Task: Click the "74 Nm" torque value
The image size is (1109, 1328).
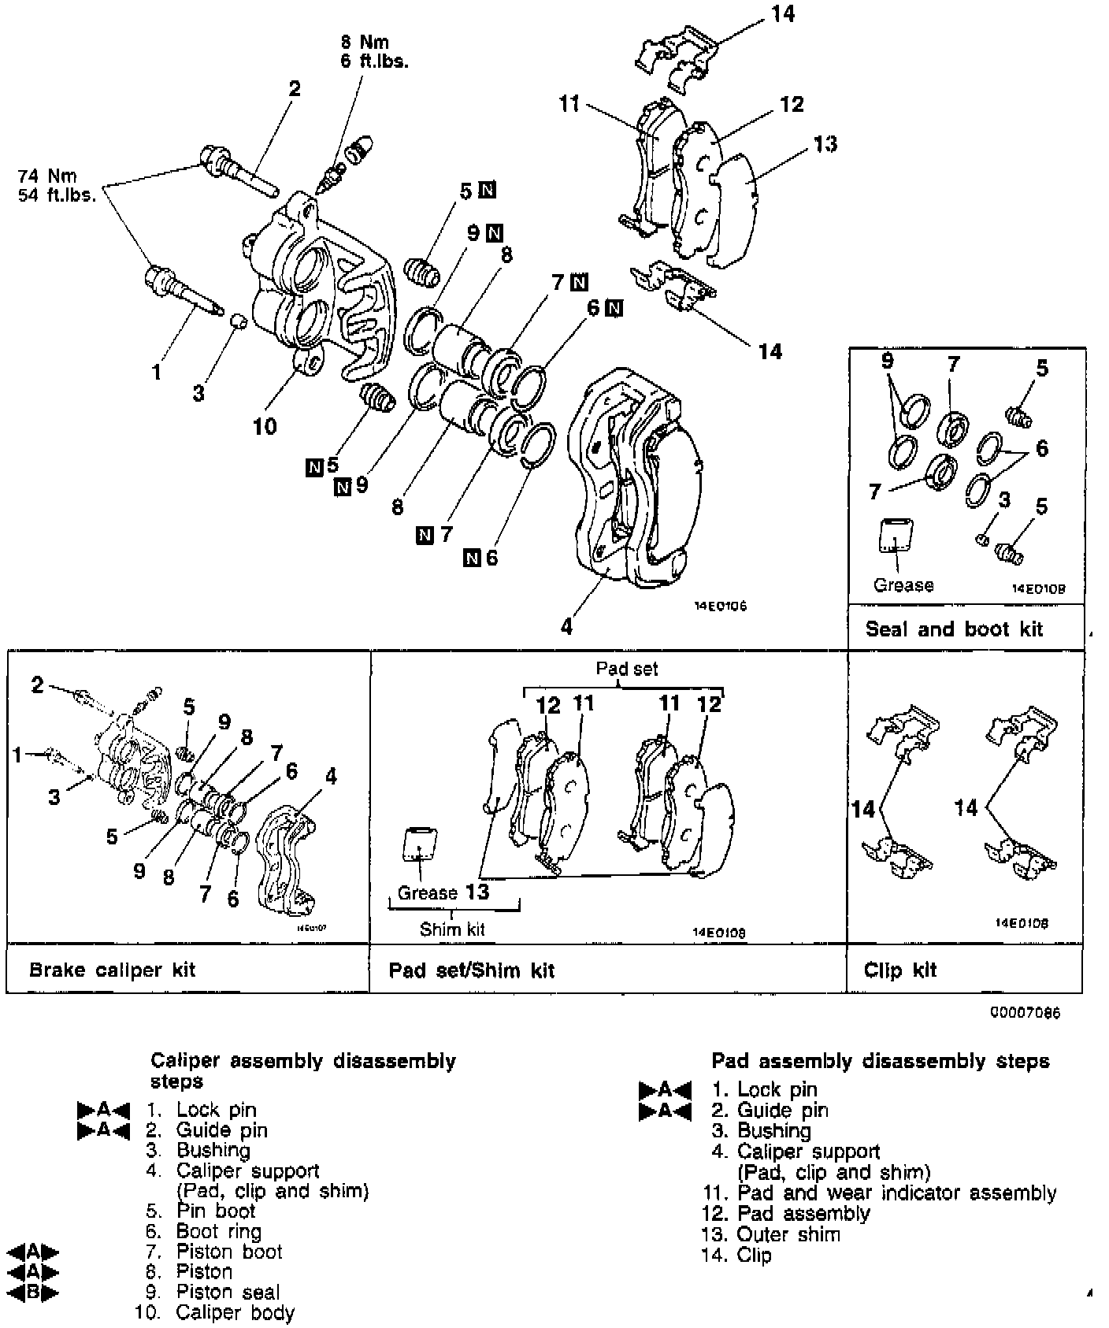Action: point(49,176)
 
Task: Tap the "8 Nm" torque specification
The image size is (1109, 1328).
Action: point(365,42)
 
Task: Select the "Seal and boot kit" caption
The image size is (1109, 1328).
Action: point(953,629)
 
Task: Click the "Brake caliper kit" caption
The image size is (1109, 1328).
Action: point(112,970)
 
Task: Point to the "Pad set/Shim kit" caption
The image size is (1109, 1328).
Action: point(471,970)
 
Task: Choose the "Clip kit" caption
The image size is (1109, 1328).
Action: point(899,970)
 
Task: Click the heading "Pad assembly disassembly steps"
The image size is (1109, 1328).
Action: point(880,1061)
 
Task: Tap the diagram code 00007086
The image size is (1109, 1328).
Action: point(1025,1013)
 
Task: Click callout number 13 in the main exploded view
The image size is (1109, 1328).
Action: point(825,144)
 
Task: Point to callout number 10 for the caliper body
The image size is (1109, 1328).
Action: point(265,426)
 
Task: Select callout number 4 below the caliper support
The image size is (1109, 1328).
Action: point(566,626)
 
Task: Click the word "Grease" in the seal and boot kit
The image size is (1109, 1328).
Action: point(903,585)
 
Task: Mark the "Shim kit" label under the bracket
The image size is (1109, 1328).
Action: point(452,929)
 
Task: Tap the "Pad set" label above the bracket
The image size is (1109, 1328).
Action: point(626,669)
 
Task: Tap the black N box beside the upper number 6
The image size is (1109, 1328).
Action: point(614,308)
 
